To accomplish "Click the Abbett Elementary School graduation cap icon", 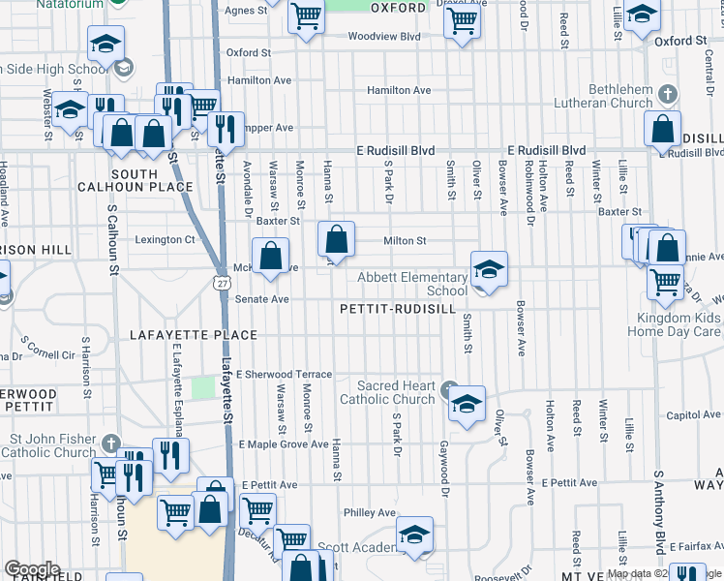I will [489, 269].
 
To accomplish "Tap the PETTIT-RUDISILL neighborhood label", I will [398, 309].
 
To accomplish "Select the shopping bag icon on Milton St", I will [336, 238].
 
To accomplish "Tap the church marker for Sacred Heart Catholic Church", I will [448, 390].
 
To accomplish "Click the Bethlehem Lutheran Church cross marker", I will [667, 94].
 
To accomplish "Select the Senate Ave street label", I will [262, 300].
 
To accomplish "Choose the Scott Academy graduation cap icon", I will [414, 535].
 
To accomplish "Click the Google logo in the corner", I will [31, 569].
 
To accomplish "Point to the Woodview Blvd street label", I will [383, 37].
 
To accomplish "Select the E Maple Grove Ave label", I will [284, 444].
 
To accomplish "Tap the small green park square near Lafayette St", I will [202, 387].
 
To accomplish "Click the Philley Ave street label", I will [370, 512].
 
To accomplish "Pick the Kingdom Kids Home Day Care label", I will [678, 324].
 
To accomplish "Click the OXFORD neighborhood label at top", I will [398, 8].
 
